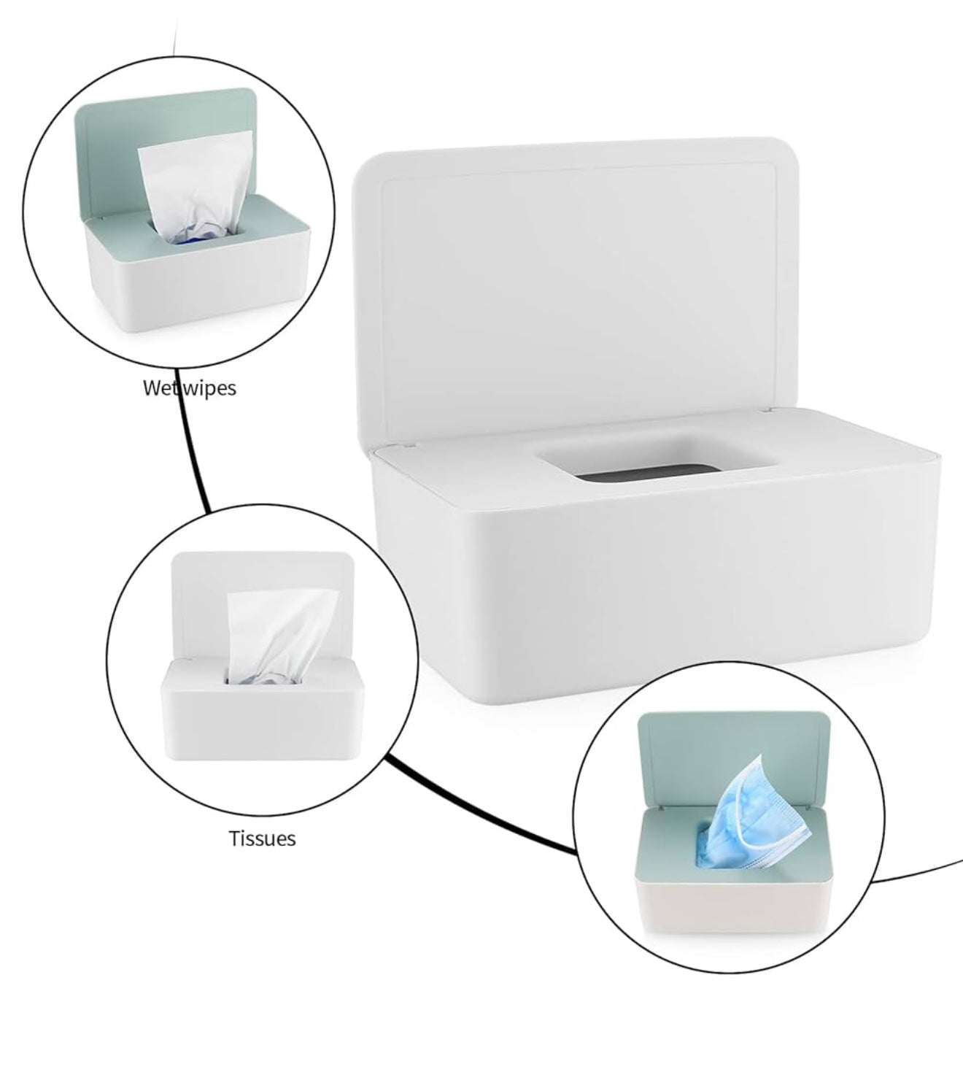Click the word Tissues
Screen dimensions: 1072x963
point(263,838)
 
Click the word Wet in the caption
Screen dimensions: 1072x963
point(160,387)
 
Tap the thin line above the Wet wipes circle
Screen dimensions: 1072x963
point(173,29)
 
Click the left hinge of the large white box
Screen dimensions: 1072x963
point(398,443)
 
